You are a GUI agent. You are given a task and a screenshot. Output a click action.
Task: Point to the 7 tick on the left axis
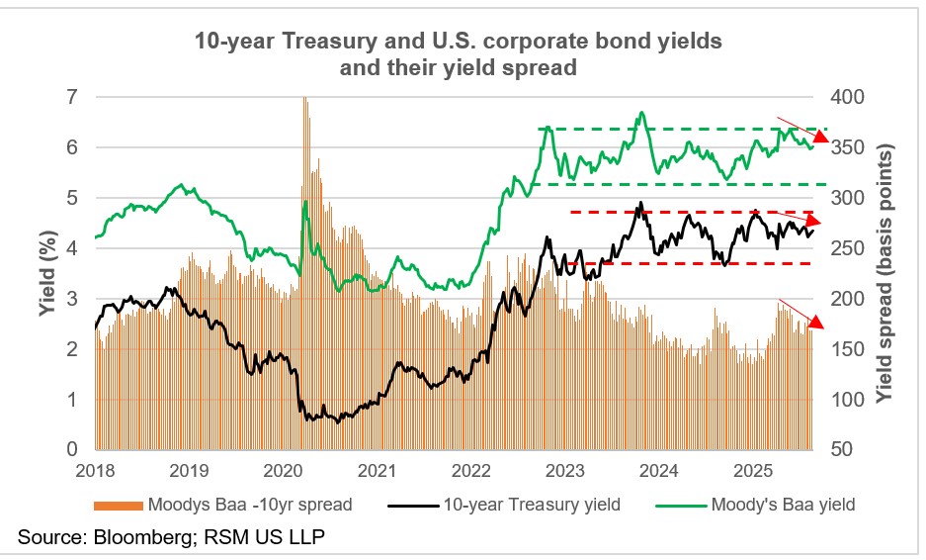[x=72, y=97]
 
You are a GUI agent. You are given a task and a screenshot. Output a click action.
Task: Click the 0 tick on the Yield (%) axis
[x=72, y=450]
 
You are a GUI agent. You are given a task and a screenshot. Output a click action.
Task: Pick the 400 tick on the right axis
[x=849, y=97]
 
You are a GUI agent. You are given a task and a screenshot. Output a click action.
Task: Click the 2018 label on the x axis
[x=96, y=470]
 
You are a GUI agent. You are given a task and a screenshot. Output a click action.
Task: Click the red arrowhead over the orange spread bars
[x=815, y=322]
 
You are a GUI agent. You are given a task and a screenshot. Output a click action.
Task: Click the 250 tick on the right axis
[x=849, y=248]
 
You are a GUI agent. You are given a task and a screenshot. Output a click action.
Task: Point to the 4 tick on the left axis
[x=72, y=248]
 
